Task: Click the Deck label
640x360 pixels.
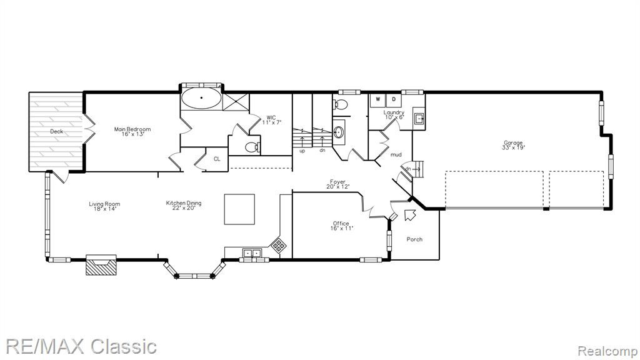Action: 57,131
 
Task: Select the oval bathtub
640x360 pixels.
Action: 201,98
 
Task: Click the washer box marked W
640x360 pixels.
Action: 378,99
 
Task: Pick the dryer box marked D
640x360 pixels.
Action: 394,99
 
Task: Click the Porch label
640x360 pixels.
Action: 414,239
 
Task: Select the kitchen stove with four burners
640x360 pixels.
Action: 279,245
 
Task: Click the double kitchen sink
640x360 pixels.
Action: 252,254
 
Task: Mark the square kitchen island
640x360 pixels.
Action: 239,209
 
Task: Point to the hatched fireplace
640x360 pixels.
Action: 101,265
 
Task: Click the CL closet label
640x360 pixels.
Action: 217,159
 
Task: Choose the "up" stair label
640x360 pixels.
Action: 302,151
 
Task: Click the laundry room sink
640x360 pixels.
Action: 419,119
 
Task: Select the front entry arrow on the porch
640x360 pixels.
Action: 409,215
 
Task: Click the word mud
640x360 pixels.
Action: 396,155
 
